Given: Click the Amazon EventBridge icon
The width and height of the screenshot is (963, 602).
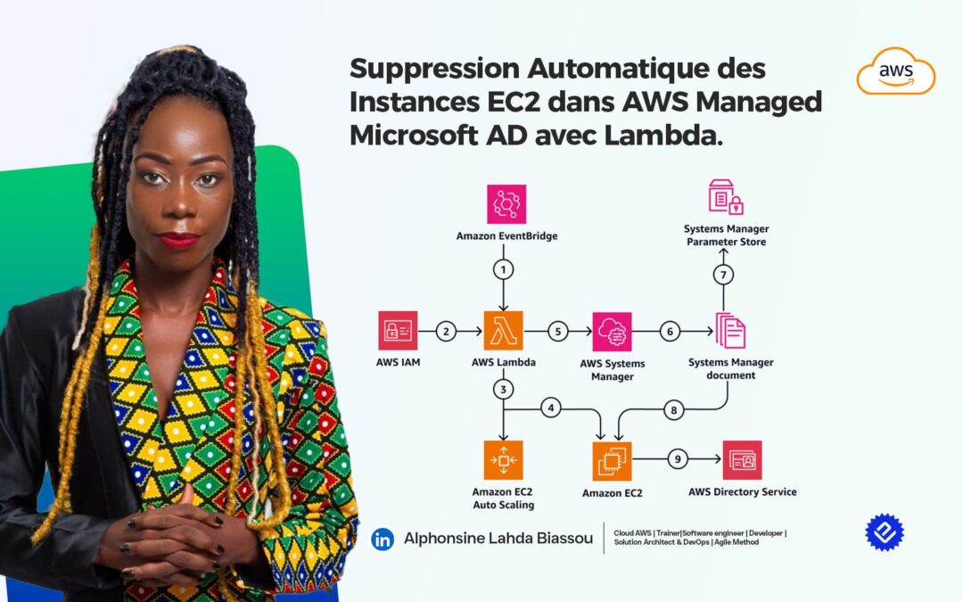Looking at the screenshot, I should (x=506, y=204).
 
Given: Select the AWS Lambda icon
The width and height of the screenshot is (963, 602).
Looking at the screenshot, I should (x=504, y=331).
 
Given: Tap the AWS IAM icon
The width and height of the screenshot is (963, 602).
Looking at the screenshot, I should (x=398, y=331).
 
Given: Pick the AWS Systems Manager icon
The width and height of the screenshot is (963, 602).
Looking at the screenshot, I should (x=612, y=332).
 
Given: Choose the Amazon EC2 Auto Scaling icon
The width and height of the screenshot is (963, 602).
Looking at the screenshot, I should (x=504, y=460).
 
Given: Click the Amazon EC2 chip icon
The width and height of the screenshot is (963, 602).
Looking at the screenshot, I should (x=612, y=460).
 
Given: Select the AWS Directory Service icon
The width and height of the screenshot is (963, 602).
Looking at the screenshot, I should (x=742, y=460).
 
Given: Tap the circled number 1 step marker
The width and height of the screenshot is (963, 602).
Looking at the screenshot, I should (x=504, y=268).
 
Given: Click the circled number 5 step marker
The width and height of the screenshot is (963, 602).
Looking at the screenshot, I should (x=557, y=331).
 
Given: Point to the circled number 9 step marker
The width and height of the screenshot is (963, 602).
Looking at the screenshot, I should (x=677, y=460).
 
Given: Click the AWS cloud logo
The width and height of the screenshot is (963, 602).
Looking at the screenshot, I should (x=895, y=71).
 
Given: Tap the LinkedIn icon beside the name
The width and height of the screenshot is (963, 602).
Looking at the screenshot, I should (x=383, y=539).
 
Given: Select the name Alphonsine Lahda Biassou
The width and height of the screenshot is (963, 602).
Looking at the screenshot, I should (x=498, y=539).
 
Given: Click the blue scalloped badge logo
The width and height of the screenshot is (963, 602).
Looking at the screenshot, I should (x=884, y=532).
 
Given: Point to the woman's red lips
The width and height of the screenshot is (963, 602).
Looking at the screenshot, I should (x=178, y=241).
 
